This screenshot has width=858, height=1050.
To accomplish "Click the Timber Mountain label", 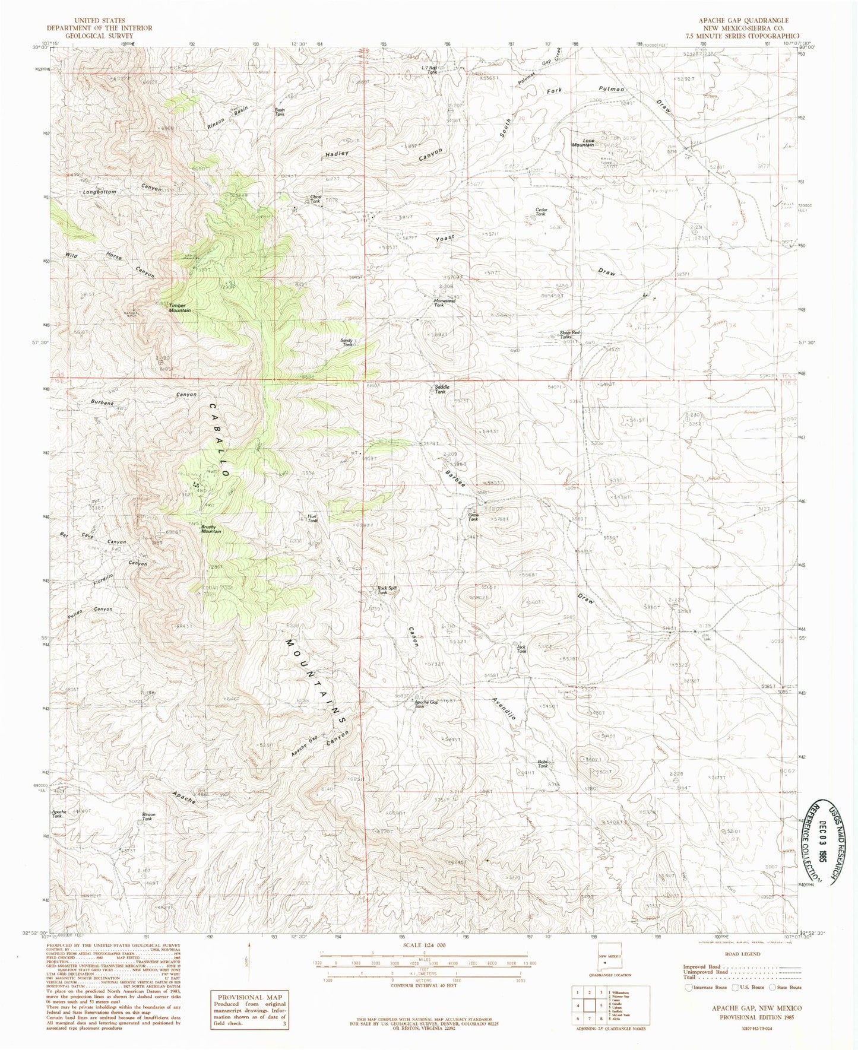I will [179, 308].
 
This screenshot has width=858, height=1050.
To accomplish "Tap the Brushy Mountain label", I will [211, 528].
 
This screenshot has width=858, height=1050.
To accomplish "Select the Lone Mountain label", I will [582, 143].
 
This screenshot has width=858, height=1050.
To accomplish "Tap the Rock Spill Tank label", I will [387, 591].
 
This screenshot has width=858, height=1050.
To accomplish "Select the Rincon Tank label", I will [148, 817].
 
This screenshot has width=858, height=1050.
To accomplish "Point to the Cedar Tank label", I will [540, 211].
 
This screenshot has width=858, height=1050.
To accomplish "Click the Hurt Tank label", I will [312, 518].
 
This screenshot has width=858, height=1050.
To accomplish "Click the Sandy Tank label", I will [346, 342].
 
